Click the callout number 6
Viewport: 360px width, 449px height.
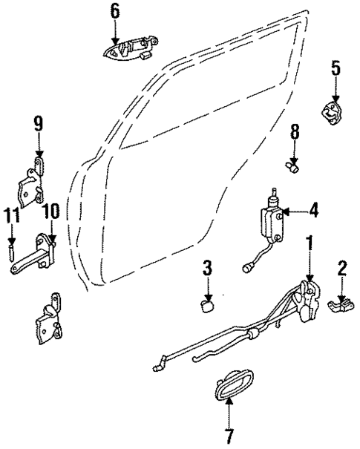114,10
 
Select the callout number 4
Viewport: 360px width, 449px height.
314,211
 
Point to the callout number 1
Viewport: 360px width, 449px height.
309,243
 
